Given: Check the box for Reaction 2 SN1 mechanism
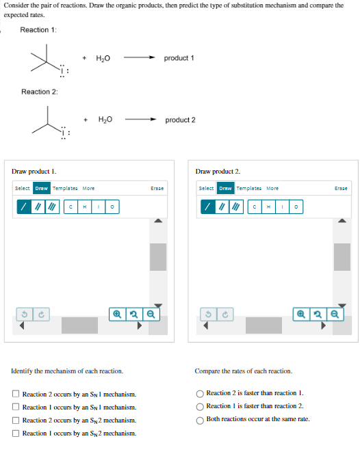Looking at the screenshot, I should [x=16, y=395].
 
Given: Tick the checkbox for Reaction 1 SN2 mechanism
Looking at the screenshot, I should [x=16, y=433].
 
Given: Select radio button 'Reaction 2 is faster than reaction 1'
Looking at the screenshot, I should [x=200, y=393].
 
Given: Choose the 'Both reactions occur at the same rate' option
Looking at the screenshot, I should [x=200, y=419].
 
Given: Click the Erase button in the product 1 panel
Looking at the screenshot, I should [x=157, y=188].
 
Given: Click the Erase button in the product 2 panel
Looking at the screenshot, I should [x=340, y=188].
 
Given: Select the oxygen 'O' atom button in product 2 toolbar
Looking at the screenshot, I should [x=296, y=206].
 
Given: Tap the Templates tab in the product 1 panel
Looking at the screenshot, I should [x=65, y=188].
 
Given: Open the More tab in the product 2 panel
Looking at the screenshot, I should [x=272, y=188].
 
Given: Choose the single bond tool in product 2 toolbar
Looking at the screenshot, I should [x=205, y=206].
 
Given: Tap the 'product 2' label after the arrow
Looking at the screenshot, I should [x=180, y=120].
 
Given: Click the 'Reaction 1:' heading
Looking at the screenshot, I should [x=38, y=29].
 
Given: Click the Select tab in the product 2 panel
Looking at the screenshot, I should [x=205, y=188].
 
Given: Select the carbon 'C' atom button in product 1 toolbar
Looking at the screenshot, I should [x=70, y=206].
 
